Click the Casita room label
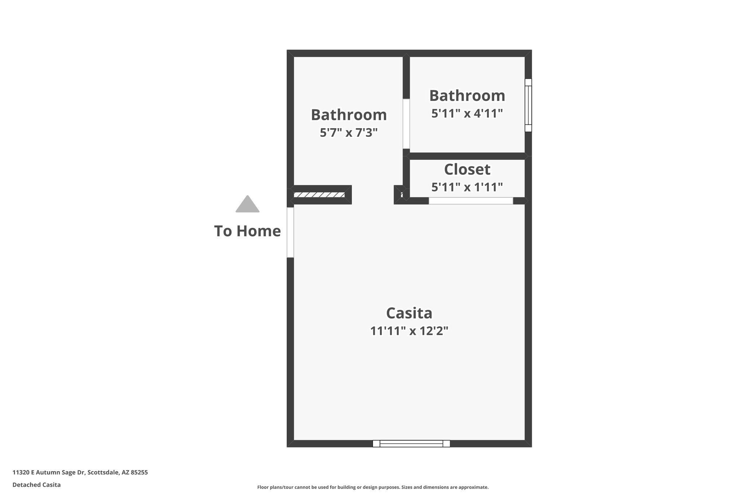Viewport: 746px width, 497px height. pos(409,313)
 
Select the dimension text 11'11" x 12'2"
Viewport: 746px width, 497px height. pos(409,331)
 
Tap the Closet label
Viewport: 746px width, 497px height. pos(467,170)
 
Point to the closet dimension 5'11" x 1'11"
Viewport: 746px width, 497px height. pos(467,187)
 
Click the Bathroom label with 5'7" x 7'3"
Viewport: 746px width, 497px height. pos(349,115)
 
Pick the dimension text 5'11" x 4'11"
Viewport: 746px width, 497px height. pos(467,114)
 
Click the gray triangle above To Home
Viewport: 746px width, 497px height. pos(247,205)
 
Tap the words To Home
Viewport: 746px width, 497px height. pos(247,231)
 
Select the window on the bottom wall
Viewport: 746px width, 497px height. pos(411,443)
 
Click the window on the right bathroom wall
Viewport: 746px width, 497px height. pos(528,105)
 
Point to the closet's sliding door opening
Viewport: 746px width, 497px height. pos(471,201)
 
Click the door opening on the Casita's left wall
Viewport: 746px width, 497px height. pos(290,232)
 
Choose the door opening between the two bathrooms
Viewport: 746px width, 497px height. pos(406,124)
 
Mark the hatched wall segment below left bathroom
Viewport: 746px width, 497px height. pos(319,195)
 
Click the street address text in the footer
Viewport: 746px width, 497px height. pos(80,473)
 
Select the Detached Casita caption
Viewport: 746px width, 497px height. pos(36,485)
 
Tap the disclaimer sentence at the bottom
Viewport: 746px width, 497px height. pos(373,487)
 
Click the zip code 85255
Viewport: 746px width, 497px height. pos(139,473)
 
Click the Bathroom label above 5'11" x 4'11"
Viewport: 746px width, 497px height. pos(467,96)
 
